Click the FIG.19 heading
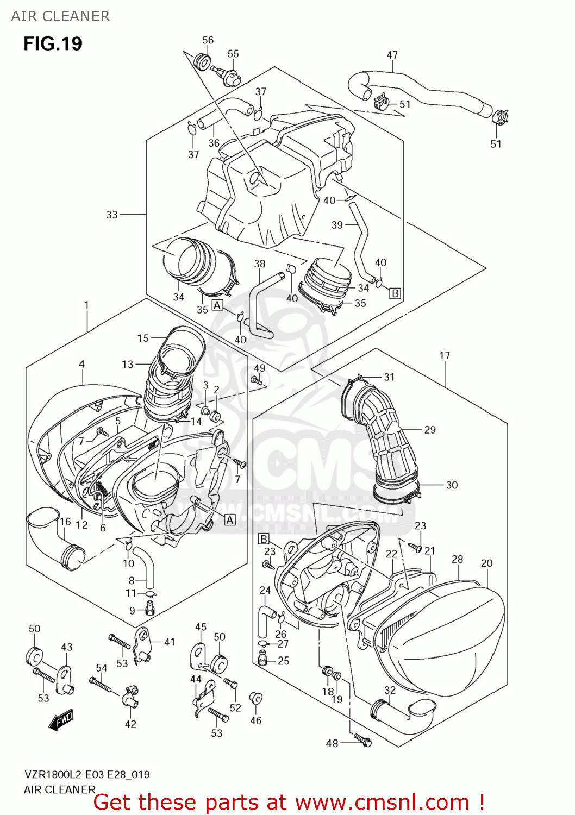53,43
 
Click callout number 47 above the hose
392,55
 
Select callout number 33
112,215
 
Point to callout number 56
208,40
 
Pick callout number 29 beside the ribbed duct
430,430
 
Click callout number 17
445,356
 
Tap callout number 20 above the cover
486,563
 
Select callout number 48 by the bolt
332,743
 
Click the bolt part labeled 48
362,738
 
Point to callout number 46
256,720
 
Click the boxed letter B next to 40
395,293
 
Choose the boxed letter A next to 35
217,305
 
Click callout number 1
86,305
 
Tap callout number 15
143,338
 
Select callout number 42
130,724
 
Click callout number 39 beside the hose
337,225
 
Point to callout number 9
132,611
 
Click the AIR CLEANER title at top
60,16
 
